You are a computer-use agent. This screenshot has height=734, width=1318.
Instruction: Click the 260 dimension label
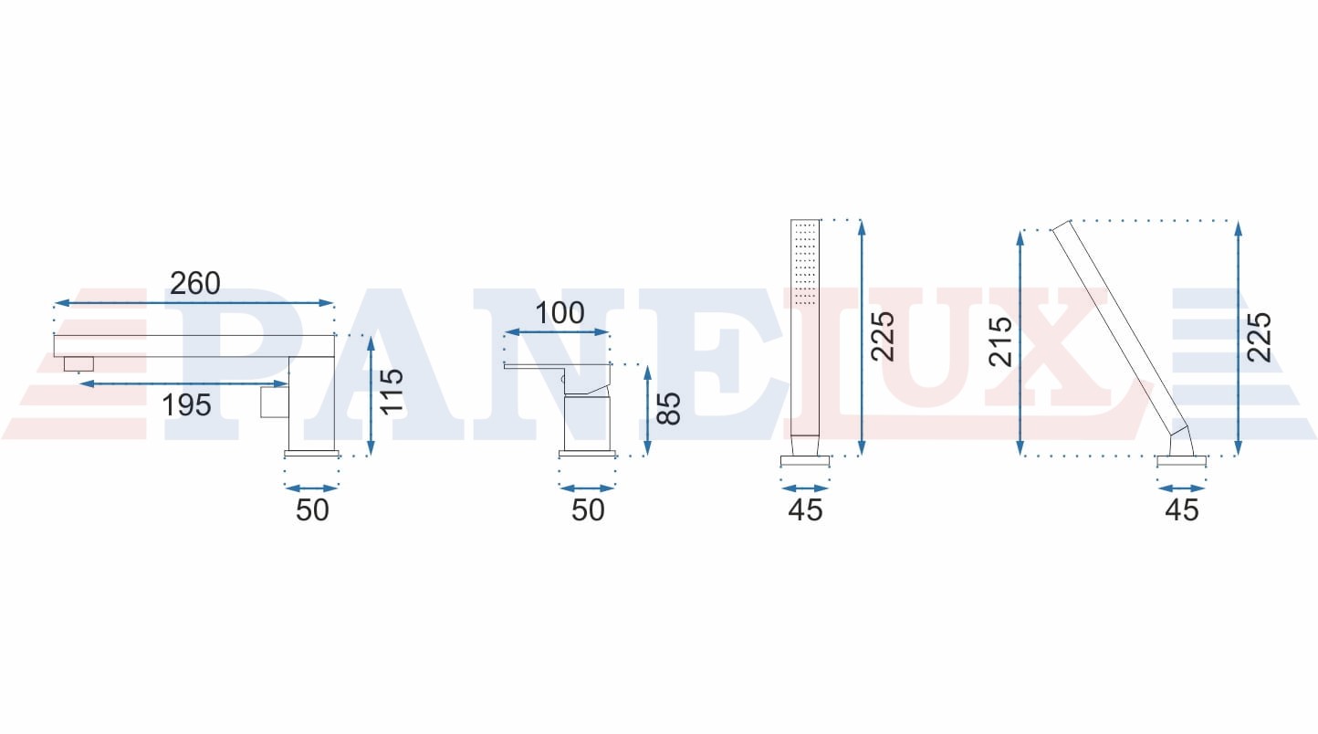pyautogui.click(x=195, y=283)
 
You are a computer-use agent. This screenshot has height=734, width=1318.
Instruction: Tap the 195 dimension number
pyautogui.click(x=186, y=405)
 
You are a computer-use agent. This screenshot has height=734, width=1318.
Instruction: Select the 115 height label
pyautogui.click(x=392, y=392)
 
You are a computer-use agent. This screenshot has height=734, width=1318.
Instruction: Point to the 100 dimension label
pyautogui.click(x=560, y=312)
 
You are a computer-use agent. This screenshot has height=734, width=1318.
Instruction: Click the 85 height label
pyautogui.click(x=668, y=408)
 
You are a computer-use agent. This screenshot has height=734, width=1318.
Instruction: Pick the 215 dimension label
pyautogui.click(x=1000, y=341)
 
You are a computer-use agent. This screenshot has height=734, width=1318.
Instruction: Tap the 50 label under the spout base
pyautogui.click(x=312, y=509)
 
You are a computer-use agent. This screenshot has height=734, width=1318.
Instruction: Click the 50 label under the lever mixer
pyautogui.click(x=588, y=509)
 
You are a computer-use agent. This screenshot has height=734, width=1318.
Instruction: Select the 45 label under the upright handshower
pyautogui.click(x=806, y=509)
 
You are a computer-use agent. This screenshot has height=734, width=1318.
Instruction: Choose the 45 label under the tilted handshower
pyautogui.click(x=1182, y=509)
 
